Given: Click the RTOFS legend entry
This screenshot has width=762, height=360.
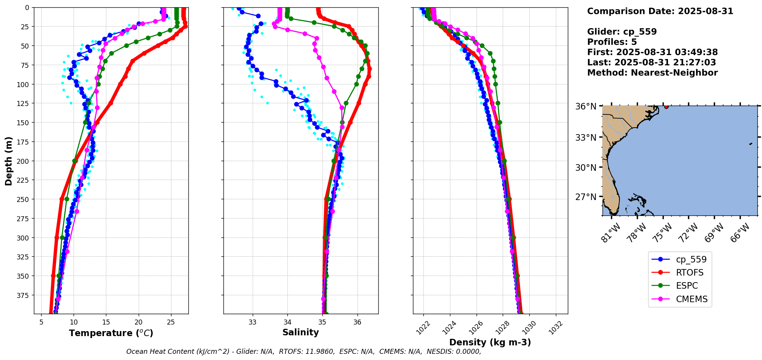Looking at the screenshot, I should point(689,273).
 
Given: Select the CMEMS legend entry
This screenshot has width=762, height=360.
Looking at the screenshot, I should point(692,299).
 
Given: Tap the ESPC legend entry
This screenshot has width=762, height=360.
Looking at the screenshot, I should point(687,286).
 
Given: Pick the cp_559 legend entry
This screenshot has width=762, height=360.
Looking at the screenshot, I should point(691,259).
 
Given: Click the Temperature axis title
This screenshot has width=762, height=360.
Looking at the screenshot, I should point(111,333).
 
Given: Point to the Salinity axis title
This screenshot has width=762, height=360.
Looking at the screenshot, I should point(300,333).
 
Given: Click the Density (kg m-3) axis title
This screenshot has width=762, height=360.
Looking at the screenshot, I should point(490,342).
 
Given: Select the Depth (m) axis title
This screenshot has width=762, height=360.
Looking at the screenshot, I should point(8,161).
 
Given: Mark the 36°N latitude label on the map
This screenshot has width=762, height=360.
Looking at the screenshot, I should point(586,106).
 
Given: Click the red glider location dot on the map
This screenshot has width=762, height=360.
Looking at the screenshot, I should point(666,107).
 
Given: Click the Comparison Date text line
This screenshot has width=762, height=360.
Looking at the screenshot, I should point(660,11).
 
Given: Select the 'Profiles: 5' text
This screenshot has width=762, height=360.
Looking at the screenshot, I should point(612,42).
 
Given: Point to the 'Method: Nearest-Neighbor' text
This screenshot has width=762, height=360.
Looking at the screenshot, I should point(652,73).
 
